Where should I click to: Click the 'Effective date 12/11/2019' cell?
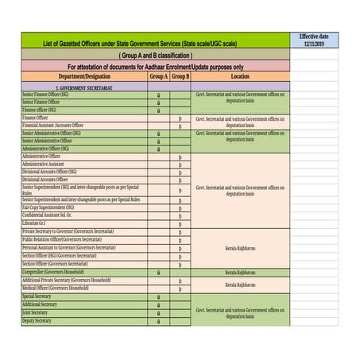click(314, 41)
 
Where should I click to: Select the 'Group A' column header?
click(159, 77)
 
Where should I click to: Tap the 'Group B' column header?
click(180, 77)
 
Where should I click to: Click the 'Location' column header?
click(240, 77)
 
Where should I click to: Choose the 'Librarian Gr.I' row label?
click(40, 223)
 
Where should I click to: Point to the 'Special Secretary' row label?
click(40, 296)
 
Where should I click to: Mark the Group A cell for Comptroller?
click(159, 272)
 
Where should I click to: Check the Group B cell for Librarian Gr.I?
click(180, 223)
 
